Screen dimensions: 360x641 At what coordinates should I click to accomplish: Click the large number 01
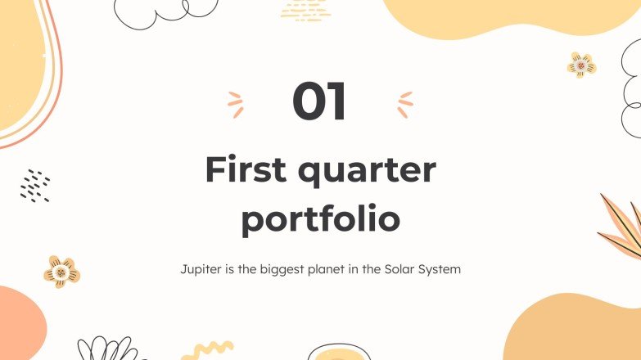(x=320, y=102)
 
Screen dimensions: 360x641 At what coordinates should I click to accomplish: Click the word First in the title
(x=243, y=169)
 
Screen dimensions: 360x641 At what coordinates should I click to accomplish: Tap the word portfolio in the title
(x=320, y=219)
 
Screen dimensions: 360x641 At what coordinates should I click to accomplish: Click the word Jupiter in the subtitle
(x=201, y=269)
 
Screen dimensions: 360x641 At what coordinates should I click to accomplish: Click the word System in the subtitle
(x=440, y=269)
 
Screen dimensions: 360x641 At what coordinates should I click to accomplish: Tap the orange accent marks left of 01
(x=236, y=104)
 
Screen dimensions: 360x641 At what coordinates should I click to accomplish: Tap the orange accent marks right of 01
(x=404, y=104)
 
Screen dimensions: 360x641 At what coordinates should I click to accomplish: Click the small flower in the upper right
(x=581, y=65)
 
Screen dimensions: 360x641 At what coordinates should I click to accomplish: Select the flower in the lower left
(x=61, y=272)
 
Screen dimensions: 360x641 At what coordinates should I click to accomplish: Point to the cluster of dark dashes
(x=35, y=187)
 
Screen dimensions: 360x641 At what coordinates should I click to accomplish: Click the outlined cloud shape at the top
(x=164, y=11)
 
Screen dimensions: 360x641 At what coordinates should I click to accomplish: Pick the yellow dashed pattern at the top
(x=305, y=10)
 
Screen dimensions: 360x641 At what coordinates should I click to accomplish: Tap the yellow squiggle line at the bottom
(x=207, y=349)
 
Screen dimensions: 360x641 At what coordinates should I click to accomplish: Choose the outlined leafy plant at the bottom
(x=108, y=349)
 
